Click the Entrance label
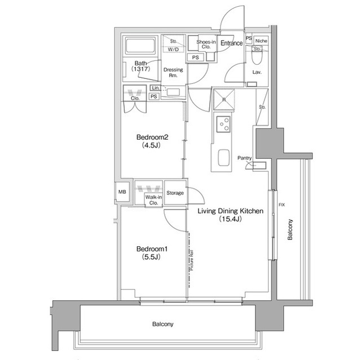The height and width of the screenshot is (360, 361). point(231,43)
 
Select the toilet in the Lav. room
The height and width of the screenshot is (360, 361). point(257,58)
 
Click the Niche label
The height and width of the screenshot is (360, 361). point(261,41)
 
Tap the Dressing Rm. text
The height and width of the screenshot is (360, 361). point(172,73)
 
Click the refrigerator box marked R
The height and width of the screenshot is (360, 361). point(224,100)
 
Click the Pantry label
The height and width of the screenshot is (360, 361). point(244,158)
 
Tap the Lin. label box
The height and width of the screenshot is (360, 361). point(155,88)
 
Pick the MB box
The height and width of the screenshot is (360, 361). point(122,192)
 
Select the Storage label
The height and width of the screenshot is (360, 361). point(175,193)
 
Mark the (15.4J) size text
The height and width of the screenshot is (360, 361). point(230,220)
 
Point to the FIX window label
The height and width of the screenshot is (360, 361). point(280,205)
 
